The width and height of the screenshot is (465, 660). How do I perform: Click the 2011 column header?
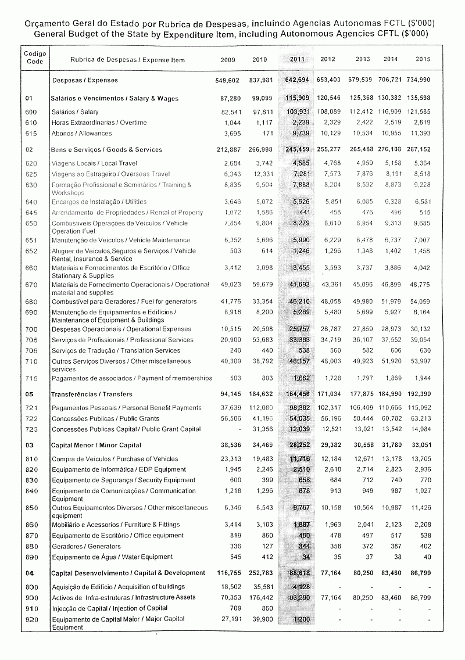[x=296, y=60]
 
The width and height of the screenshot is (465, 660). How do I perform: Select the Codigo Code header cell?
[x=35, y=58]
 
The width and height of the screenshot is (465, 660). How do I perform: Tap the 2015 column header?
[x=423, y=60]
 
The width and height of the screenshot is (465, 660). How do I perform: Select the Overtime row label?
[x=99, y=123]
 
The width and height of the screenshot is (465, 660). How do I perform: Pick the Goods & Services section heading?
[x=106, y=150]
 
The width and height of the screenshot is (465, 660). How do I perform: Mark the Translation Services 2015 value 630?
[x=425, y=351]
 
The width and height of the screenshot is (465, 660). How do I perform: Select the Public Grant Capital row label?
[x=126, y=429]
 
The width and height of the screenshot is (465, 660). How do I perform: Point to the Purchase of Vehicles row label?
[x=115, y=459]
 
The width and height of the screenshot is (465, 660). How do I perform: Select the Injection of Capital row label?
[x=109, y=608]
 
